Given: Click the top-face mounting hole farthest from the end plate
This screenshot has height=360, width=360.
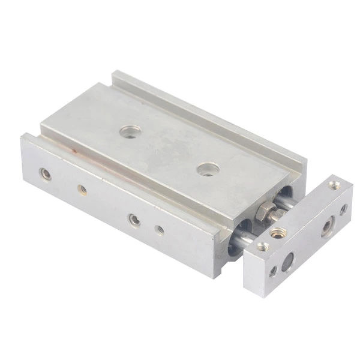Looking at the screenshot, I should tap(130, 131).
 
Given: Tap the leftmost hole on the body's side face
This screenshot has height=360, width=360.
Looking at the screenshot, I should tap(45, 174).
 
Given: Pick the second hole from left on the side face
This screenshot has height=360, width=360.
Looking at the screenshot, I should tap(82, 190).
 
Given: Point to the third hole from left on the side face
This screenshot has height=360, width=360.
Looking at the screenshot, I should tap(134, 220).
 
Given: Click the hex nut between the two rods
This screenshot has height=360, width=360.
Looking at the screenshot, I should tap(263, 212).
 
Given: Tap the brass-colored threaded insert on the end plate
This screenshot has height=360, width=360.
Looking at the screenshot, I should tap(277, 232).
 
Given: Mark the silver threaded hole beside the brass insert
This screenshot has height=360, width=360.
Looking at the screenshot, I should tap(262, 246).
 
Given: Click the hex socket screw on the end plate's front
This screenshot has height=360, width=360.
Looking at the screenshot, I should tap(328, 227).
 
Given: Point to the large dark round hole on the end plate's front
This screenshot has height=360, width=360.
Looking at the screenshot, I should tap(288, 259).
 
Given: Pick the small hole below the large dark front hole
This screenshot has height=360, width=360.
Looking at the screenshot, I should tap(274, 271).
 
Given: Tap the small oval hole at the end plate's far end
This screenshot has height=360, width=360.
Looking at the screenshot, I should tap(343, 209).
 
